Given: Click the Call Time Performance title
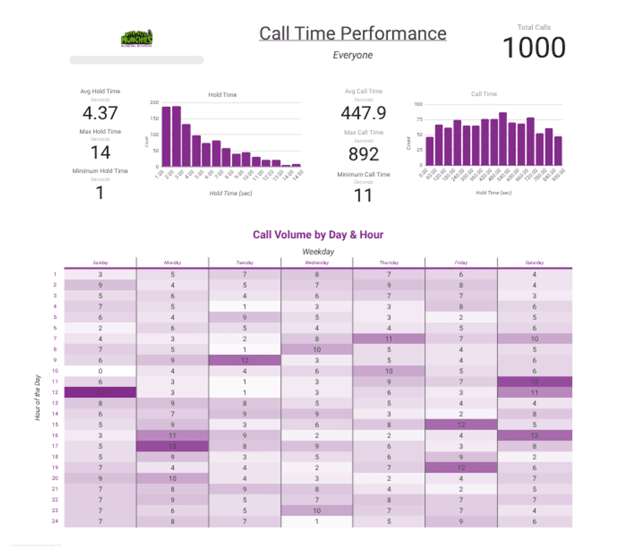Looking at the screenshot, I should (353, 34).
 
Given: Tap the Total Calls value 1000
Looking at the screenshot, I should (534, 48).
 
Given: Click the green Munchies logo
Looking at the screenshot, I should (137, 38).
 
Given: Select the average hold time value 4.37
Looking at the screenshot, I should (100, 113).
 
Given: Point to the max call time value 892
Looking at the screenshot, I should (363, 154).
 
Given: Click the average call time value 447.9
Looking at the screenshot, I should (363, 113).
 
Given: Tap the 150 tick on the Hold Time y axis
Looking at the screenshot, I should (154, 118).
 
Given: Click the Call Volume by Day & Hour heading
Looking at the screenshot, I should (318, 235).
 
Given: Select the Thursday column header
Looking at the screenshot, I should (389, 263).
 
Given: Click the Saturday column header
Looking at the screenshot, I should (534, 263).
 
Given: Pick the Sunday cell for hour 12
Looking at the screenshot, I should (100, 392).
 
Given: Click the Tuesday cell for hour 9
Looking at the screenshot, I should (245, 360).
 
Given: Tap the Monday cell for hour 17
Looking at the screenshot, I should (172, 446).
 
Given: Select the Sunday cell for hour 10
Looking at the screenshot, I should (100, 371).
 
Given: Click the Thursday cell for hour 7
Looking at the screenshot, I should (389, 338).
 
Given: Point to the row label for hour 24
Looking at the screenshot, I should (55, 521).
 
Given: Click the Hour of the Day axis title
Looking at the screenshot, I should (37, 397).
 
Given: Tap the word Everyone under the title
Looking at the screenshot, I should (353, 55).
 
